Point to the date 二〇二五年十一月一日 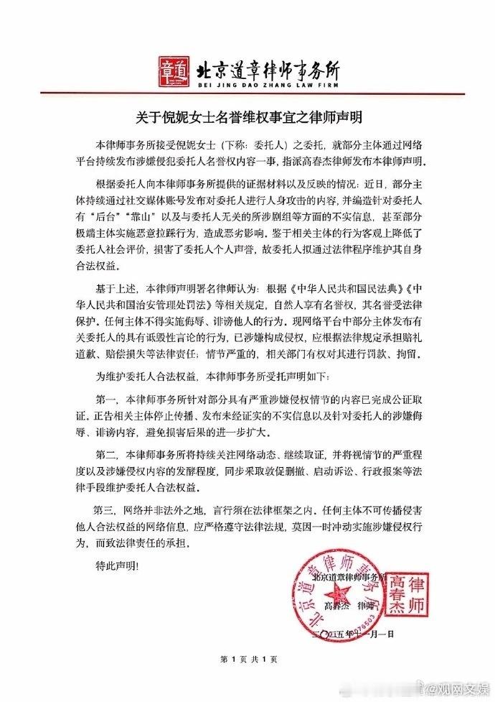(x=361, y=624)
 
